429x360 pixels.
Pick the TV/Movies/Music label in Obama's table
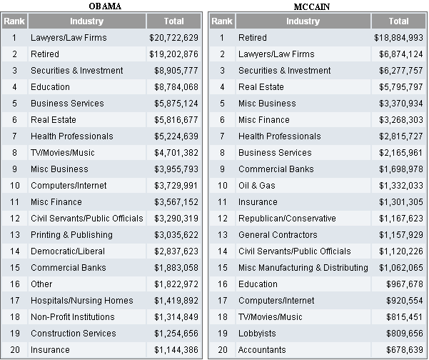coord(63,153)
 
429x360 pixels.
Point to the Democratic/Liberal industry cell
coord(68,251)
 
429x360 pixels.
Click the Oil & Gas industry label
coord(256,186)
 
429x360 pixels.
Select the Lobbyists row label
coord(256,334)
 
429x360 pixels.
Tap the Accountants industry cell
coord(262,350)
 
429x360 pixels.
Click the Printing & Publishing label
coord(71,235)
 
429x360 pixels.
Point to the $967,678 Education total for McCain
coord(403,284)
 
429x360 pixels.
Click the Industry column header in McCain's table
coord(303,21)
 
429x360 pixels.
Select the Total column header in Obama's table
coord(173,21)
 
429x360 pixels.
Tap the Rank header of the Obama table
coord(14,21)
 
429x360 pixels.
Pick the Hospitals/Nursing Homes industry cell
coord(81,301)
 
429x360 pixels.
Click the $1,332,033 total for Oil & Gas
coord(398,186)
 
